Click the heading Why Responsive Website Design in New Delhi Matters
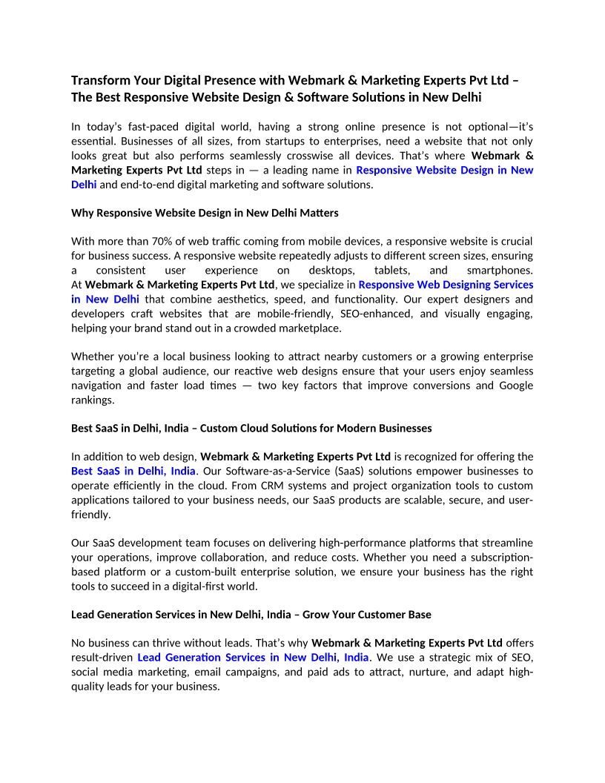(x=205, y=213)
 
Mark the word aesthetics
(x=230, y=300)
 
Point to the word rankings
(x=93, y=400)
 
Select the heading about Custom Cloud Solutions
(x=251, y=429)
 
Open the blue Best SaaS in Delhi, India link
(x=133, y=472)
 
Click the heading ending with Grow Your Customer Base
(x=251, y=615)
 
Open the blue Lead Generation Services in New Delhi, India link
(x=253, y=658)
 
